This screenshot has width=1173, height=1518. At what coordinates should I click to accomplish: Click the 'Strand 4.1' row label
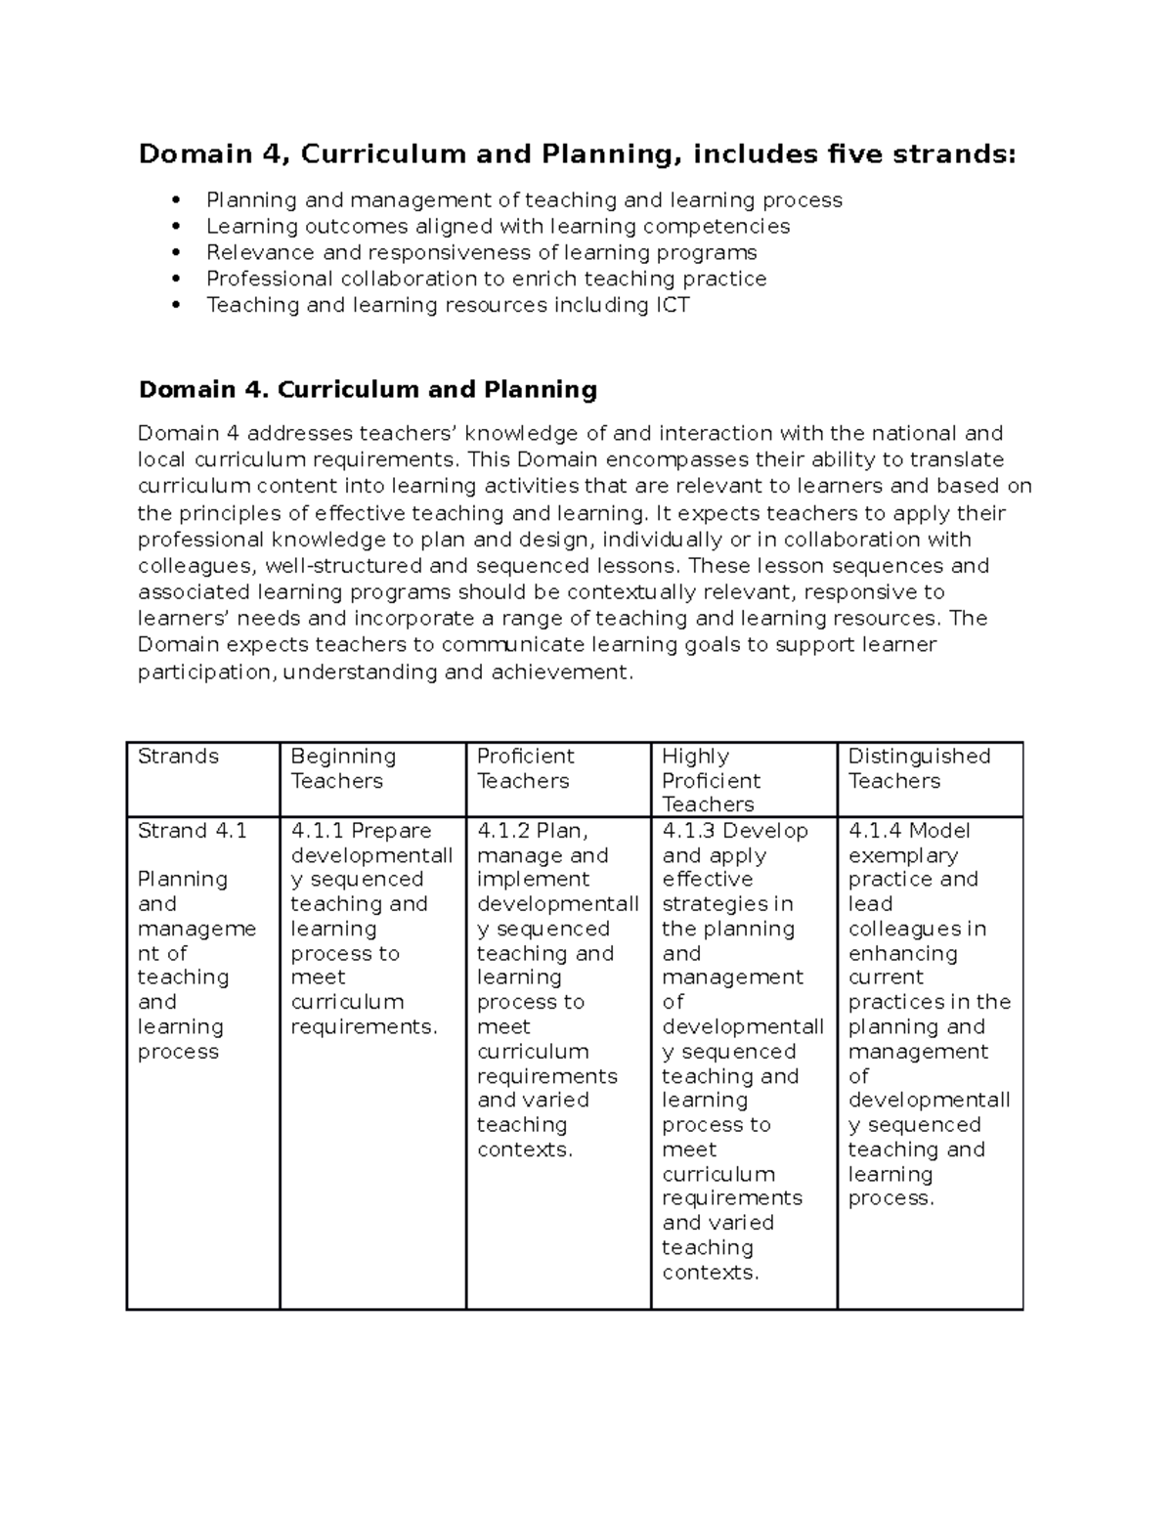(x=193, y=831)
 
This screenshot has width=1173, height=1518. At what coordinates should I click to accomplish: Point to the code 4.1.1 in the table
(x=318, y=831)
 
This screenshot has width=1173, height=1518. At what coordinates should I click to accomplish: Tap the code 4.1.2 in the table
(x=503, y=831)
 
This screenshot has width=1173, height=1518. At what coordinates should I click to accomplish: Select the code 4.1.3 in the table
(x=689, y=831)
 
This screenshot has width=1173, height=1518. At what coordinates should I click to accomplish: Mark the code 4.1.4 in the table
(x=875, y=831)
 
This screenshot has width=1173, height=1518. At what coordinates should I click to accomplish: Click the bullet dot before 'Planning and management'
(x=176, y=200)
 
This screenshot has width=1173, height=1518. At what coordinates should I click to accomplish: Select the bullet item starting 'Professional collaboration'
(x=486, y=279)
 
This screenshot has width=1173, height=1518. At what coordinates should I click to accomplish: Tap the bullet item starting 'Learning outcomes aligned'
(x=498, y=227)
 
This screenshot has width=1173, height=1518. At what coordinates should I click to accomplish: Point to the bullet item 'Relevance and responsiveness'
(x=481, y=252)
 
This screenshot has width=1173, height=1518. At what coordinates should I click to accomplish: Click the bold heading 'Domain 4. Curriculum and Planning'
(x=368, y=390)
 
